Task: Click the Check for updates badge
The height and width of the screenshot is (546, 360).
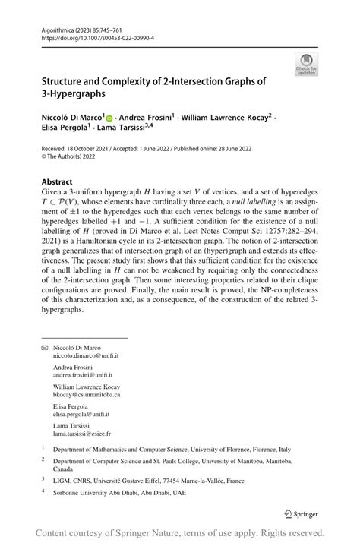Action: (x=306, y=64)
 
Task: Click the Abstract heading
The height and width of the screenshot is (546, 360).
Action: (x=57, y=183)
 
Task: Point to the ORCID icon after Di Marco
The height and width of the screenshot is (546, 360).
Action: (x=109, y=118)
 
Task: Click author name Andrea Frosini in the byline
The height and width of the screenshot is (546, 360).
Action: (x=146, y=118)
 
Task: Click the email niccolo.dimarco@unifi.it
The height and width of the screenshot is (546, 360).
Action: (x=86, y=355)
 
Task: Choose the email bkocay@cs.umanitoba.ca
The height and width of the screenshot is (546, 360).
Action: (x=86, y=395)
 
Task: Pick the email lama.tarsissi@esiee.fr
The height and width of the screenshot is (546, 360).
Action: (x=81, y=434)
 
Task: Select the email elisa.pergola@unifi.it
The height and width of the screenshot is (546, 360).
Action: (x=81, y=415)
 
